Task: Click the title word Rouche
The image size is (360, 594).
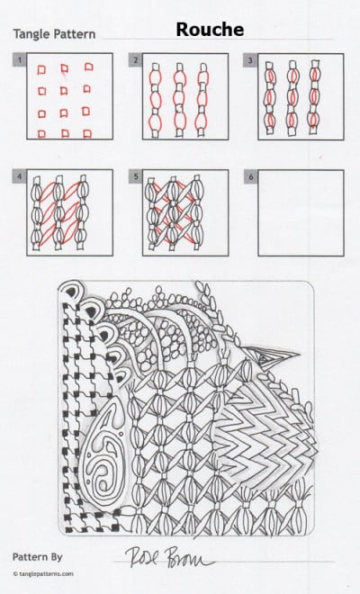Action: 209,31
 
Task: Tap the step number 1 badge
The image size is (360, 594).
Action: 17,59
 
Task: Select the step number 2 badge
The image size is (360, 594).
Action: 135,59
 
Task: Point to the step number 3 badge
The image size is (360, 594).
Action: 250,59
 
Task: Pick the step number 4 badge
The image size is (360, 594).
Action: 17,175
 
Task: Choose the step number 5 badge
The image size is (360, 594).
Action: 135,175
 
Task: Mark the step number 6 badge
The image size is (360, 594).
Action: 250,175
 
